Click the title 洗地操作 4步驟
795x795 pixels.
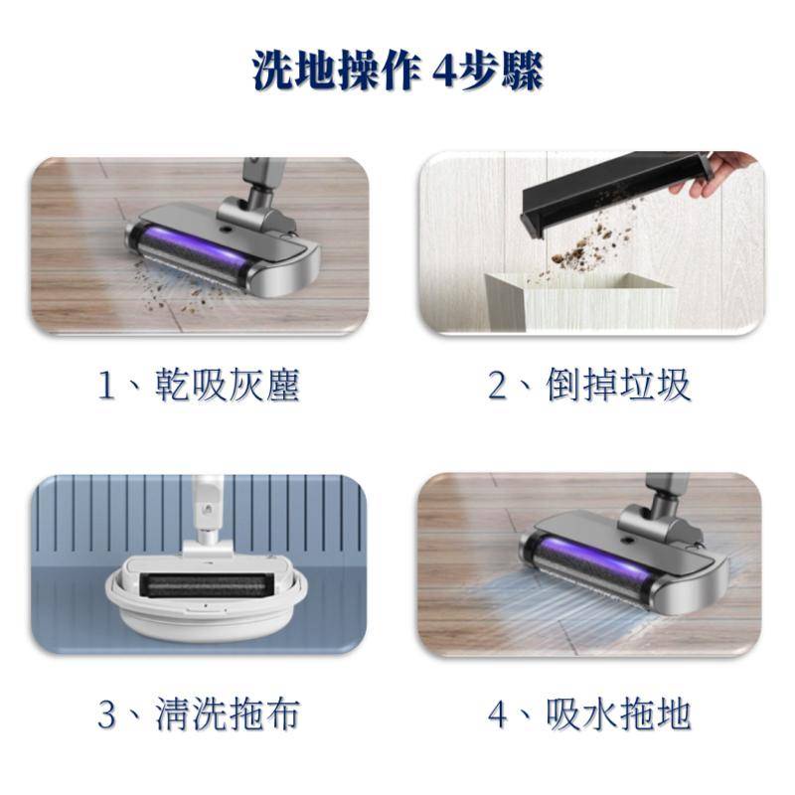click(x=397, y=70)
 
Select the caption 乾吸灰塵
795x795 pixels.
click(x=228, y=386)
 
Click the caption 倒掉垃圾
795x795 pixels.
click(x=618, y=386)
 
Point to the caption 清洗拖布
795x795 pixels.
click(x=228, y=714)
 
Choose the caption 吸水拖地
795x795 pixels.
click(x=618, y=714)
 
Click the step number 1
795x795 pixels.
click(x=105, y=386)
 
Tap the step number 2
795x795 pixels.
click(x=497, y=386)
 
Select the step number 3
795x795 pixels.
click(x=106, y=715)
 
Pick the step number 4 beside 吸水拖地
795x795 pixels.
click(x=498, y=715)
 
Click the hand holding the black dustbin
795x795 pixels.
click(x=718, y=173)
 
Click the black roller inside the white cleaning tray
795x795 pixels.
click(x=206, y=585)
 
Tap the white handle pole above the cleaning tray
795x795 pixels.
click(x=207, y=507)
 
